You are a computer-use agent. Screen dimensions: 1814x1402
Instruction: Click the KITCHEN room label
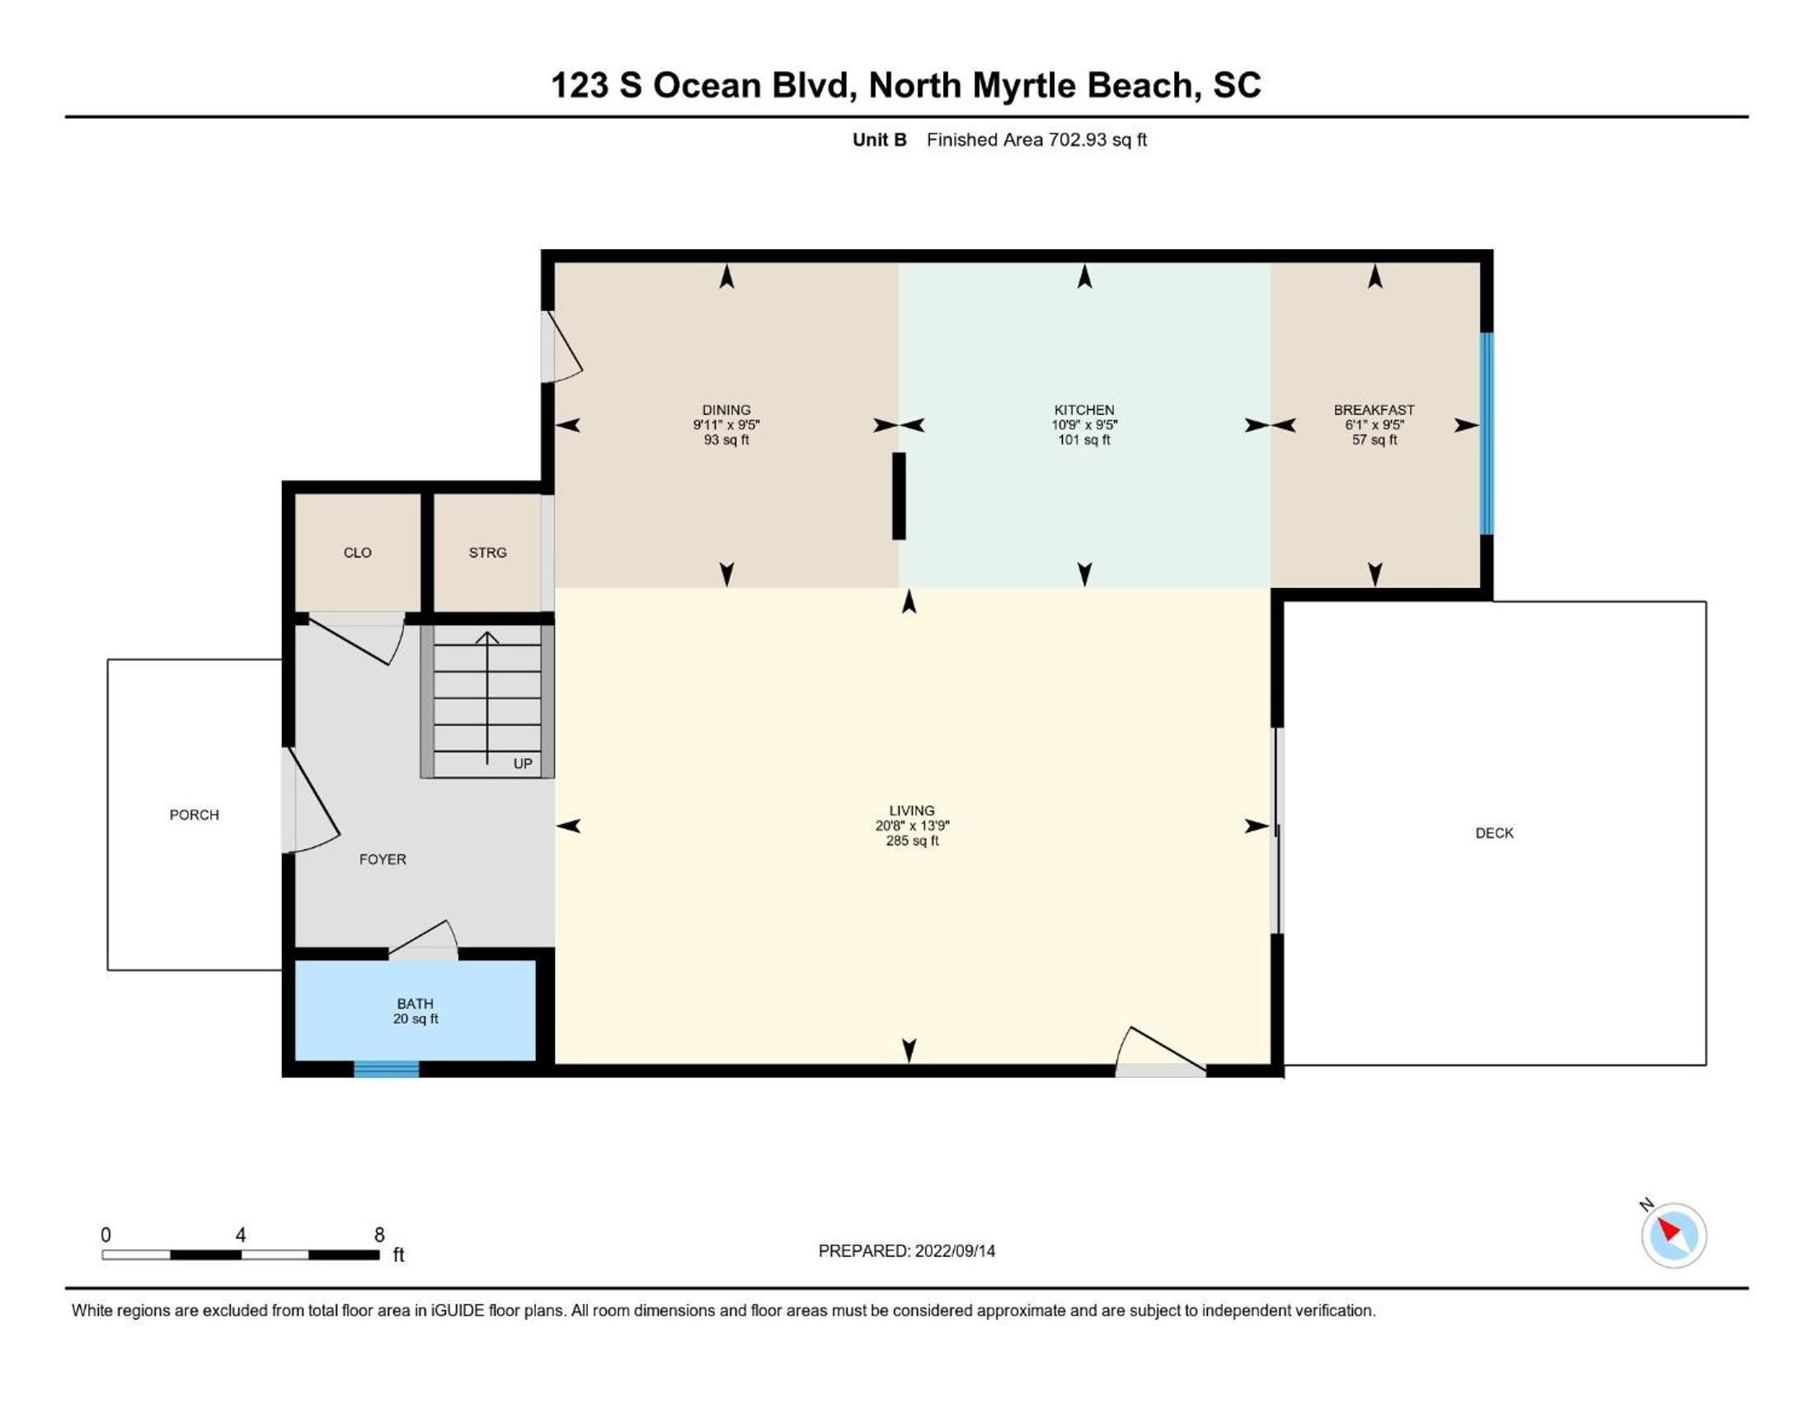click(x=1084, y=411)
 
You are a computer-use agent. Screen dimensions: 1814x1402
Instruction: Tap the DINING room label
click(x=726, y=411)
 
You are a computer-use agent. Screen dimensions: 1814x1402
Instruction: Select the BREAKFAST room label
click(x=1374, y=411)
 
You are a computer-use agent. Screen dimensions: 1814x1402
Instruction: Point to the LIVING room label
click(x=911, y=811)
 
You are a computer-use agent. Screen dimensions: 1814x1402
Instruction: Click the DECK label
click(x=1494, y=833)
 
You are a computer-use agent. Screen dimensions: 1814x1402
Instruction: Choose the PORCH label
click(x=195, y=815)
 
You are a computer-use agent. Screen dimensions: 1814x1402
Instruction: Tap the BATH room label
click(x=415, y=1004)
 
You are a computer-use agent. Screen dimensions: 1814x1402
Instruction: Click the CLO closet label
click(x=357, y=553)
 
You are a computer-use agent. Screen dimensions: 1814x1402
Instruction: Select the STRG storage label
click(x=487, y=553)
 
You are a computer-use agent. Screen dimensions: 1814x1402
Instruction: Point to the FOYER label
click(x=382, y=859)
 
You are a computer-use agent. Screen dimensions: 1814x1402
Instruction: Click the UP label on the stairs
click(x=523, y=764)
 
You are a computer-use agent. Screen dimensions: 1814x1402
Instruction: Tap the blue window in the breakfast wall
click(x=1487, y=434)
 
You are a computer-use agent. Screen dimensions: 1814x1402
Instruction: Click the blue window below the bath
click(x=386, y=1069)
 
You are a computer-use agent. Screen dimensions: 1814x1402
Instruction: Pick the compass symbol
click(x=1673, y=1235)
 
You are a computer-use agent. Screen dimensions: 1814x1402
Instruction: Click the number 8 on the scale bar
click(x=379, y=1235)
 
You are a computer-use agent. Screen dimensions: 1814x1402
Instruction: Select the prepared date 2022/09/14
click(x=953, y=1251)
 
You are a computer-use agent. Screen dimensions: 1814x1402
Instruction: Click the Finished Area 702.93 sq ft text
click(x=1036, y=139)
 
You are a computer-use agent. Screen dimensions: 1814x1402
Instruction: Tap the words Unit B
click(x=880, y=139)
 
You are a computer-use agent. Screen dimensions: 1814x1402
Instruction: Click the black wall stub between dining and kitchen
click(x=899, y=496)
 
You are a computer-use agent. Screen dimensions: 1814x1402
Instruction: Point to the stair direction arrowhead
click(x=486, y=637)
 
